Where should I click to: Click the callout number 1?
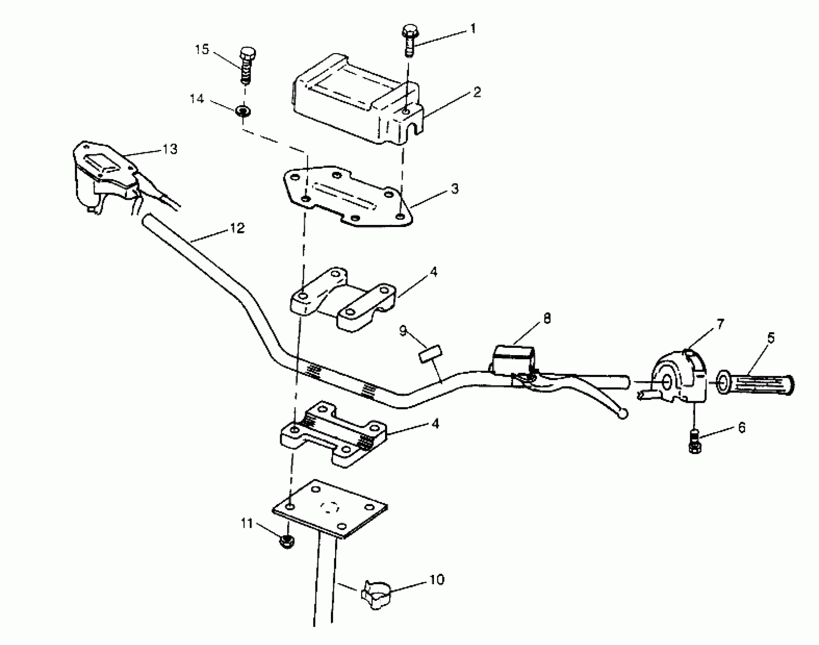[x=473, y=29]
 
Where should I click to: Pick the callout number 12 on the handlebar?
[x=237, y=228]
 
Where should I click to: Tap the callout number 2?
[x=477, y=92]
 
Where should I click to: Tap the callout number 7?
[x=720, y=324]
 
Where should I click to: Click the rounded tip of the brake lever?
[x=622, y=414]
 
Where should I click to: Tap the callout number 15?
[x=202, y=49]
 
